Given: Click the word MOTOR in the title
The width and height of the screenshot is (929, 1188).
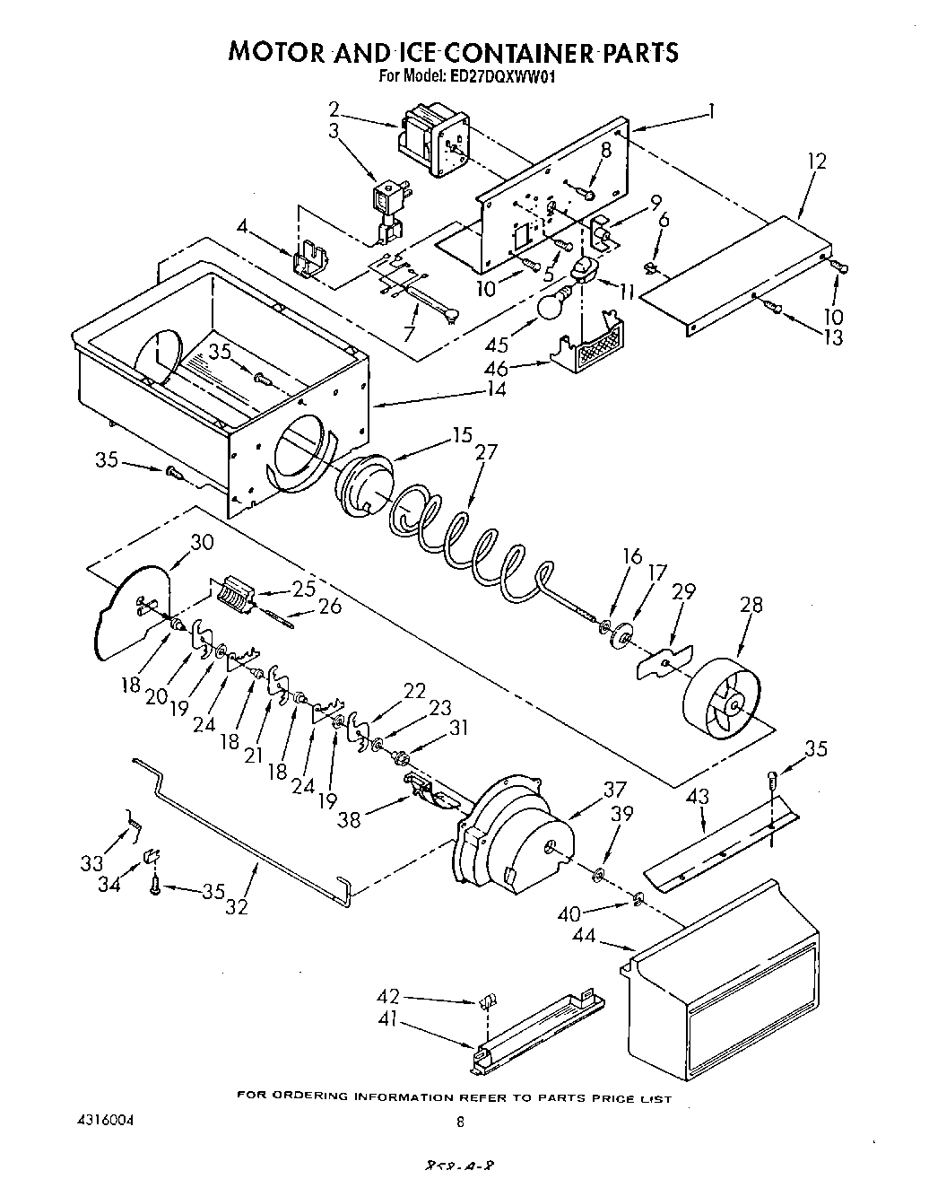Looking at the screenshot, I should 274,51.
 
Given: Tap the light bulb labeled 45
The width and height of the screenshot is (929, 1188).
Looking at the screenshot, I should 550,306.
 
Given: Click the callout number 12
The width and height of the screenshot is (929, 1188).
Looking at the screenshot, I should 816,162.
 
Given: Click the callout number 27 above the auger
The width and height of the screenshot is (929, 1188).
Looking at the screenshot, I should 484,452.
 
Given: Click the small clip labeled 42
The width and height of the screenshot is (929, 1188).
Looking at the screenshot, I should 490,999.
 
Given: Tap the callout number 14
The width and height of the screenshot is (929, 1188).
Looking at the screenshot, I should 495,389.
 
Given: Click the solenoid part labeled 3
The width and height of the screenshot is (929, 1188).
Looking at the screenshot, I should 388,208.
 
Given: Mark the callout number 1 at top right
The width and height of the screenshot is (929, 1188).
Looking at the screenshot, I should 710,111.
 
